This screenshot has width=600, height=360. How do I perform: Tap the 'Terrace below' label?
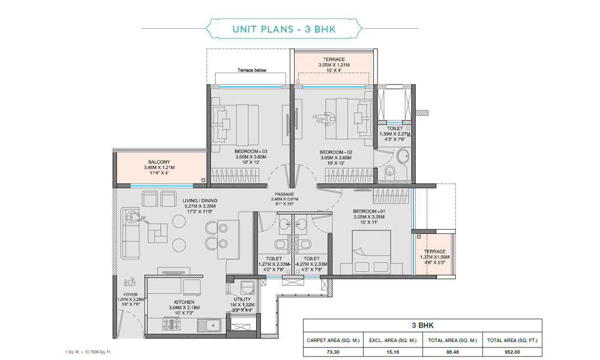(252, 70)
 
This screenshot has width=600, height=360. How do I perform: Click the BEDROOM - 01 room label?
(368, 212)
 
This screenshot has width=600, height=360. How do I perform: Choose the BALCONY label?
(160, 162)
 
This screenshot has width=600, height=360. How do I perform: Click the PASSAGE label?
(284, 194)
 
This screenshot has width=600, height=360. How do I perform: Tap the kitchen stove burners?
(172, 325)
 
